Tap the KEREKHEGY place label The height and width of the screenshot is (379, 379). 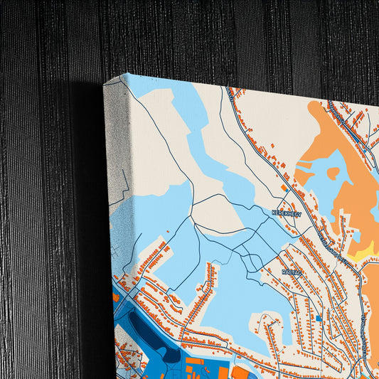tap(287, 213)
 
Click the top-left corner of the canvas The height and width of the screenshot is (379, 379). tap(106, 82)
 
